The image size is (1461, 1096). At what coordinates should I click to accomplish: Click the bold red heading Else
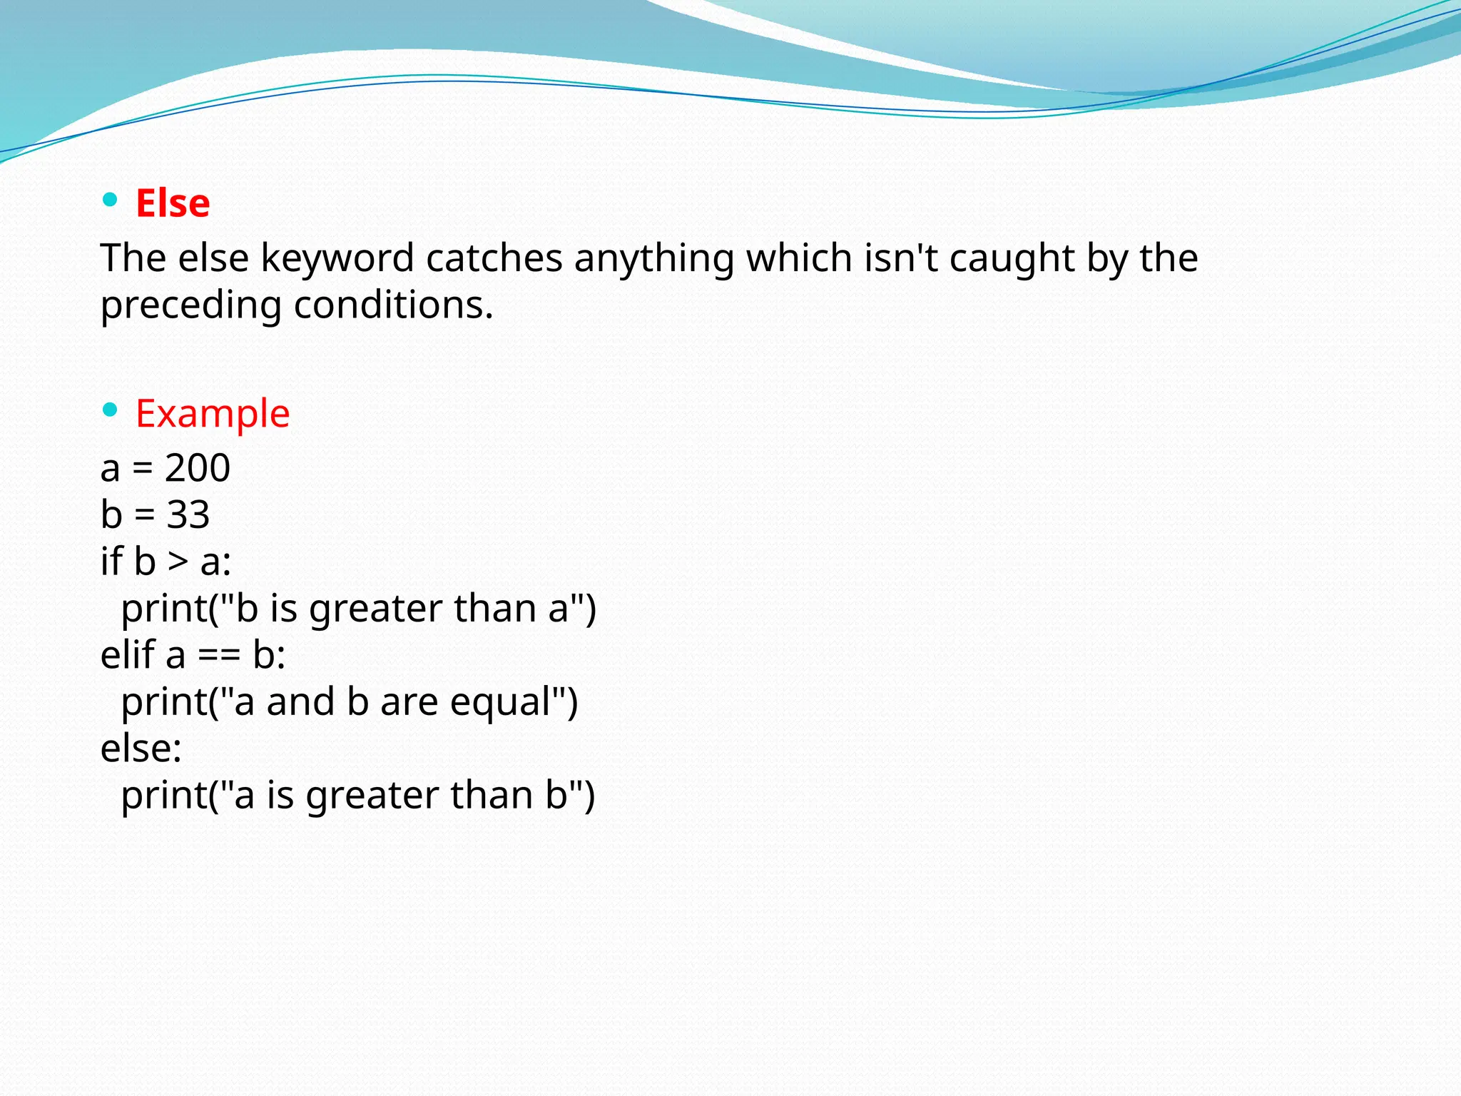click(x=173, y=203)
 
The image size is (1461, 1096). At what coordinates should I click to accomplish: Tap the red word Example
click(x=213, y=414)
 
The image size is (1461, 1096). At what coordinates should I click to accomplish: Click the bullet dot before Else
click(x=110, y=200)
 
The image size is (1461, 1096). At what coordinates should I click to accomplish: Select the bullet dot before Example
click(x=110, y=410)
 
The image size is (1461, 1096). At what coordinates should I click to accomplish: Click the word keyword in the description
click(x=337, y=258)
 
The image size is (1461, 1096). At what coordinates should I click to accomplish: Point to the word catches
click(x=494, y=258)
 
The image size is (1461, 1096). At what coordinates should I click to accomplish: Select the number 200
click(x=198, y=469)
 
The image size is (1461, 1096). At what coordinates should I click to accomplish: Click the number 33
click(x=188, y=515)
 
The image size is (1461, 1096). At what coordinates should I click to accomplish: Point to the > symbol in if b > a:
click(x=178, y=562)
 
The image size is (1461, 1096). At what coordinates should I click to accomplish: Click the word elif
click(x=128, y=654)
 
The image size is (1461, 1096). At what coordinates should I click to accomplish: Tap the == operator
click(x=219, y=656)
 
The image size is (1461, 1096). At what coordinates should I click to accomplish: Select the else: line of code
click(x=141, y=749)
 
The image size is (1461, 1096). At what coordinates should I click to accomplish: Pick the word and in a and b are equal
click(x=301, y=702)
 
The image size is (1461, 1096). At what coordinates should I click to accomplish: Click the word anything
click(x=654, y=258)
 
